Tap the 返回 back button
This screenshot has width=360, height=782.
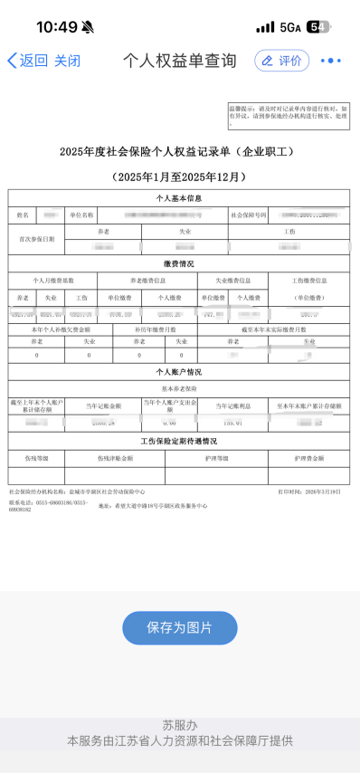(27, 61)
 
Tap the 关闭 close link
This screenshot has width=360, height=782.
(67, 61)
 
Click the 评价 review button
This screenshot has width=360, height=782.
(281, 61)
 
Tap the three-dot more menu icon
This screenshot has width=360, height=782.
(331, 61)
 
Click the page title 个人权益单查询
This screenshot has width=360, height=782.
(179, 61)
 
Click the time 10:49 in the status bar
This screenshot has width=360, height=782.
(56, 27)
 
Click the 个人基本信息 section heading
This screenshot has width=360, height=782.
(178, 197)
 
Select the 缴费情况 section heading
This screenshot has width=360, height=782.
(178, 263)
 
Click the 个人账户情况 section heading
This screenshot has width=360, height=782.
(178, 372)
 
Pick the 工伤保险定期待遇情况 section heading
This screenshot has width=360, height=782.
(178, 441)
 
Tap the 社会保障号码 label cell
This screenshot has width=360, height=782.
(249, 215)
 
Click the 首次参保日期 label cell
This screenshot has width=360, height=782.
(37, 239)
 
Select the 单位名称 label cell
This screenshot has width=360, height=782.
(81, 215)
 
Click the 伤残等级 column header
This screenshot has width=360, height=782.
(36, 458)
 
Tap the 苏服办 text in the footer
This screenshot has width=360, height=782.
(179, 725)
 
